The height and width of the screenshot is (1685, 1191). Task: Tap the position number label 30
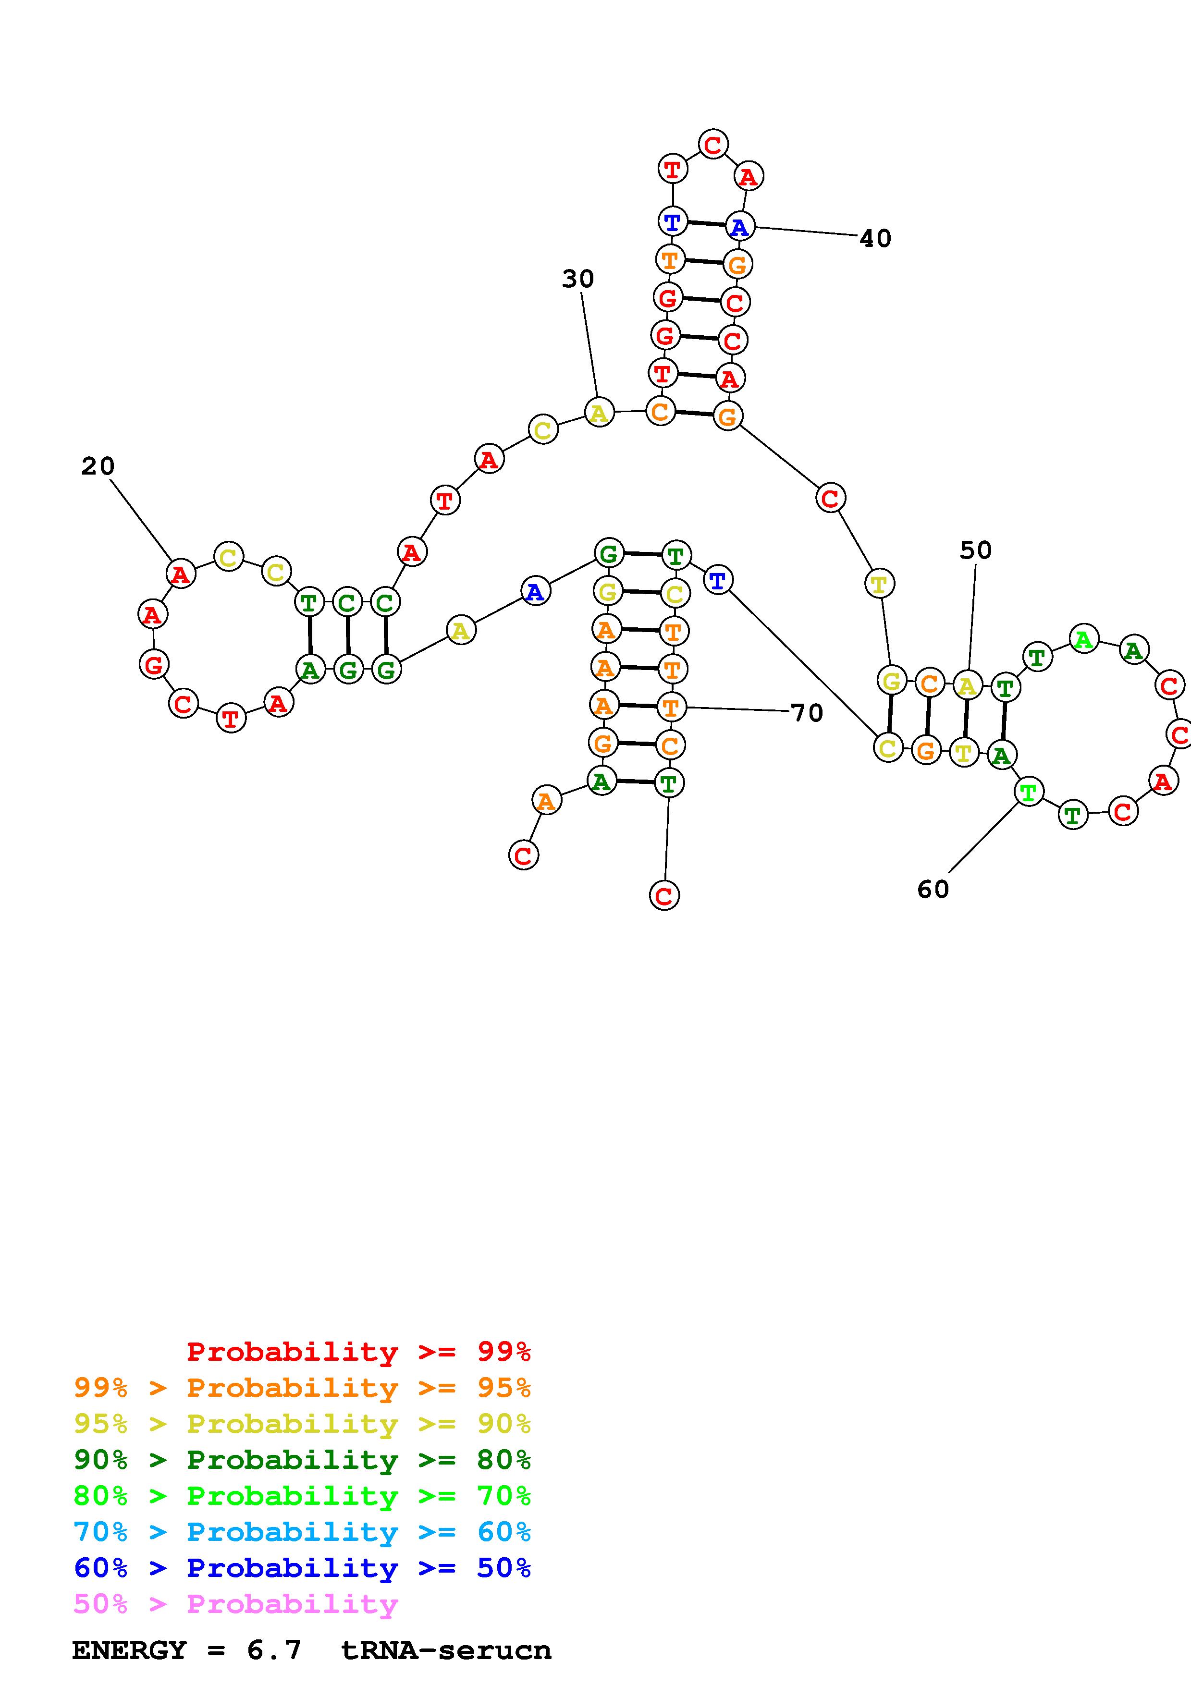577,279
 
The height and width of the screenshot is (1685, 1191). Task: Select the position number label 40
875,239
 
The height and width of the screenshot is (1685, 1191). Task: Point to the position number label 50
975,550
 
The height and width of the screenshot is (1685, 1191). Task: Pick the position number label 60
933,890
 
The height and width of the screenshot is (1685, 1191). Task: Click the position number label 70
807,713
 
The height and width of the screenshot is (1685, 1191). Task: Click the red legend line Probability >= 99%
359,1352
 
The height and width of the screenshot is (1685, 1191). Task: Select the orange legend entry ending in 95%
302,1388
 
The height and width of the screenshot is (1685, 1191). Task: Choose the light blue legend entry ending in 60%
302,1532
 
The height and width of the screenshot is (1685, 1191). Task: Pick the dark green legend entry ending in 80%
302,1460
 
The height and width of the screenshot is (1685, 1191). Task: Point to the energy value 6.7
274,1650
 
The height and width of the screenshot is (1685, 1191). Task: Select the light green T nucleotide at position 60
1029,792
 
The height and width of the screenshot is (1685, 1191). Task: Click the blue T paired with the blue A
672,221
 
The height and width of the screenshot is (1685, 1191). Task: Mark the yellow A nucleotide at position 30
599,413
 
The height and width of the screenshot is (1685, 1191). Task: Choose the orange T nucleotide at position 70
671,708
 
